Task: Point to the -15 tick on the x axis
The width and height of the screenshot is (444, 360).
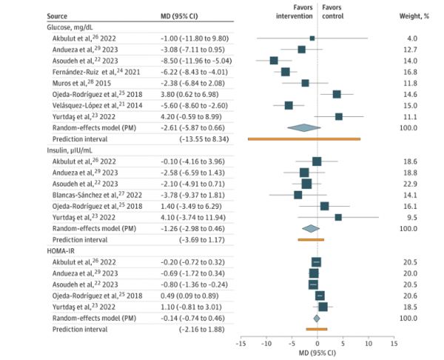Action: pos(240,343)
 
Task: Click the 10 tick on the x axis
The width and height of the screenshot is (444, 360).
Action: pos(368,343)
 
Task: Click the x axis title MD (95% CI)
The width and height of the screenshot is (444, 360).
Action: pos(317,353)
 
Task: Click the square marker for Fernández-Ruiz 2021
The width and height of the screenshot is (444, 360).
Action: pos(286,72)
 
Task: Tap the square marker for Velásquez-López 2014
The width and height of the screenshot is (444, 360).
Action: pos(289,105)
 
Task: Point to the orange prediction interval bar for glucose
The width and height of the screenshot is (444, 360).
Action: pos(304,139)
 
